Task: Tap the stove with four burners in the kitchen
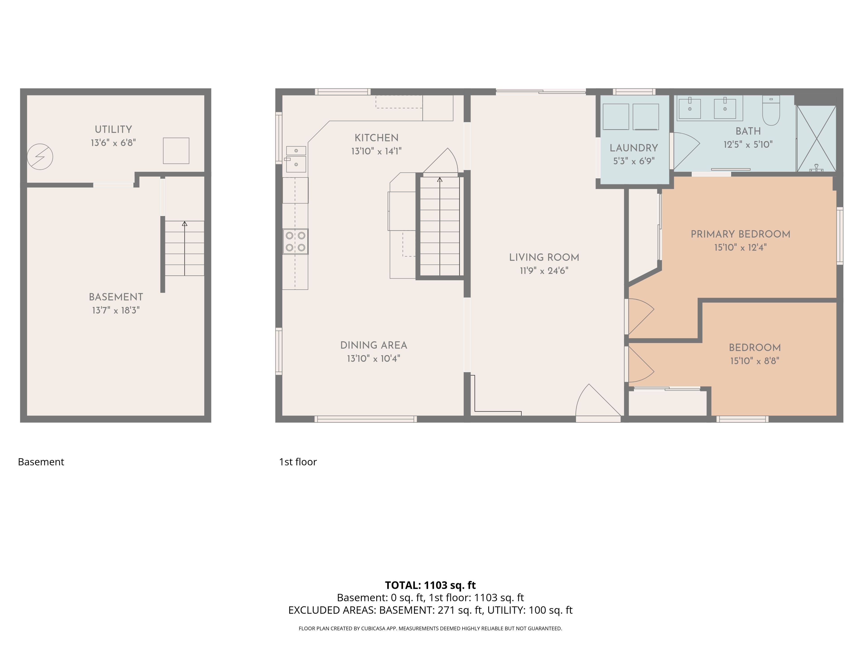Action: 296,241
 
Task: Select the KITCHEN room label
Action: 376,138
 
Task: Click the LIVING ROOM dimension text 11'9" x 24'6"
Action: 544,271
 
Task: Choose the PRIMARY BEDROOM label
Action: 740,234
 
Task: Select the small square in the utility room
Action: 176,151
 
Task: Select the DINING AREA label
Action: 374,345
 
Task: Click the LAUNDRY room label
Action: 634,148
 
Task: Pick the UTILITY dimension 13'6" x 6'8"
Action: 113,143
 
